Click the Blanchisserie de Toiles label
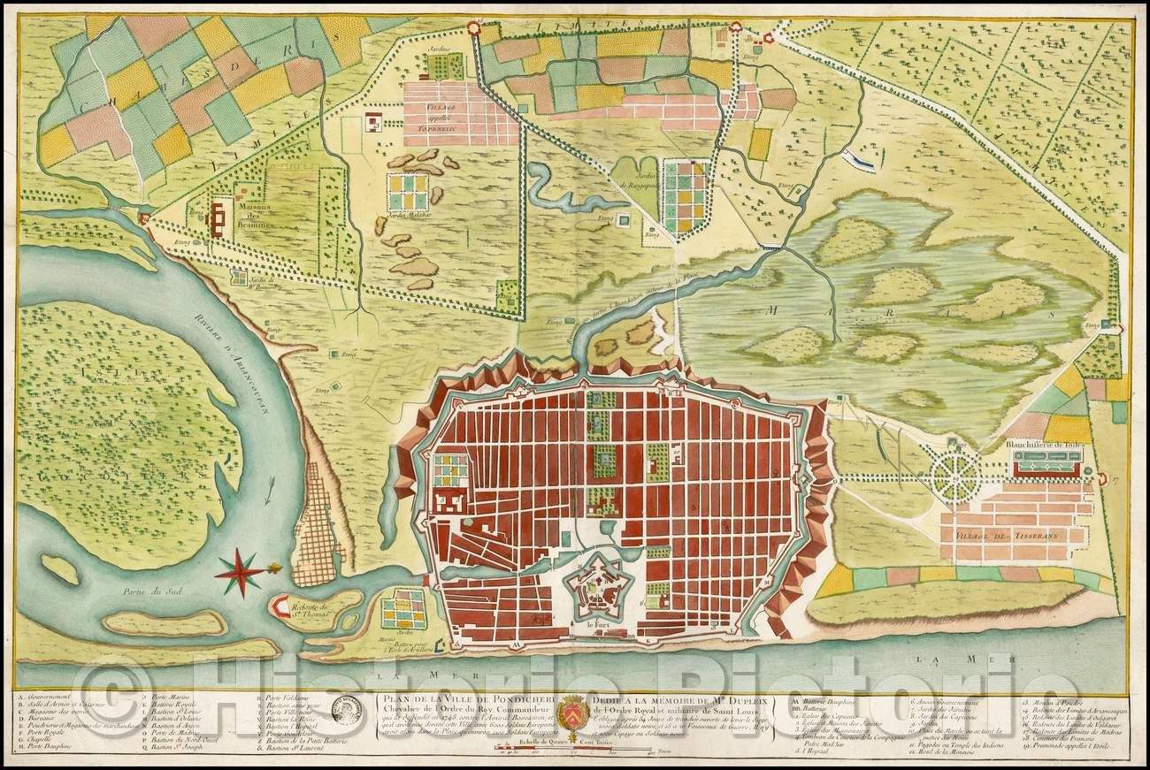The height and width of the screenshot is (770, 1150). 1044,445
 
